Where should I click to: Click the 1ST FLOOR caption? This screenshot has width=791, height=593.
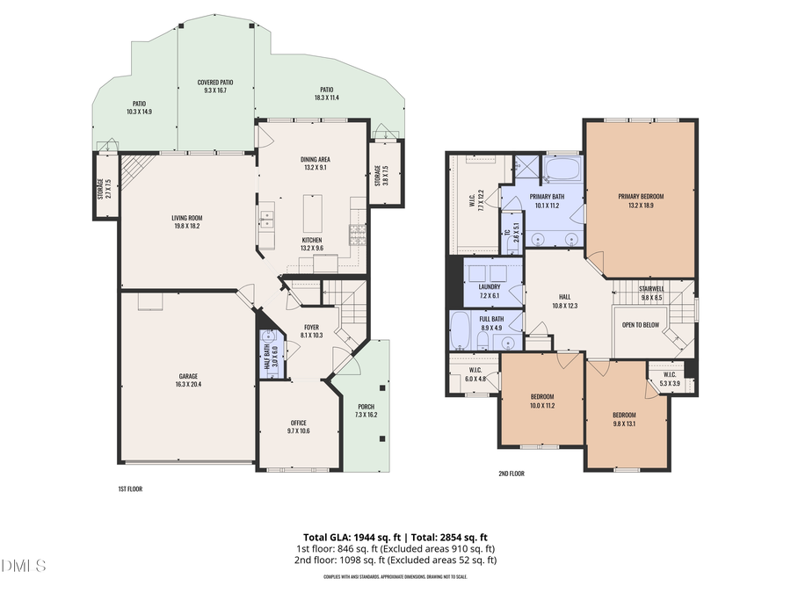(129, 488)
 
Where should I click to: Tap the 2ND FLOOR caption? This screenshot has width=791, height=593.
(511, 474)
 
